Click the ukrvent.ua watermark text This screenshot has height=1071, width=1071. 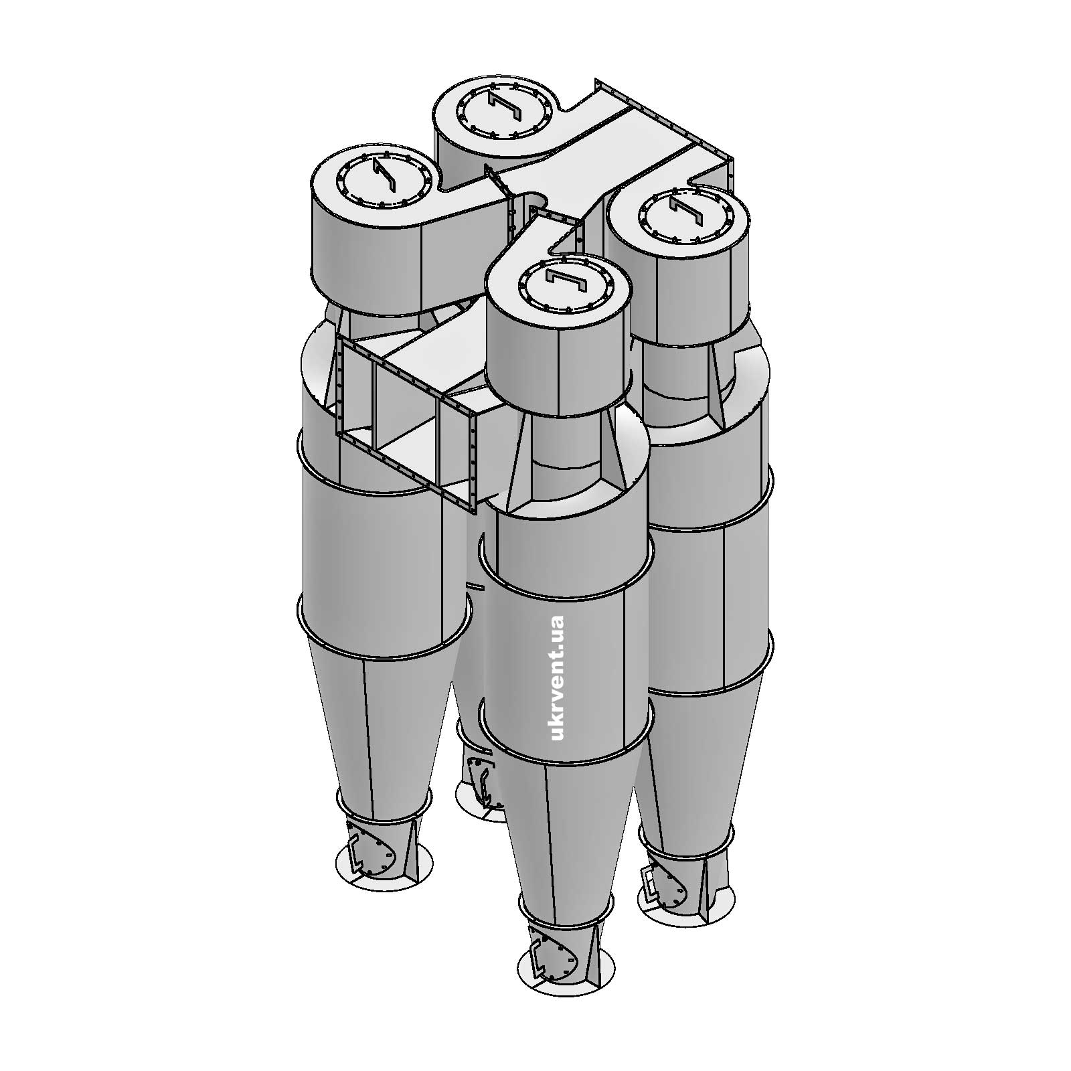pos(556,678)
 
